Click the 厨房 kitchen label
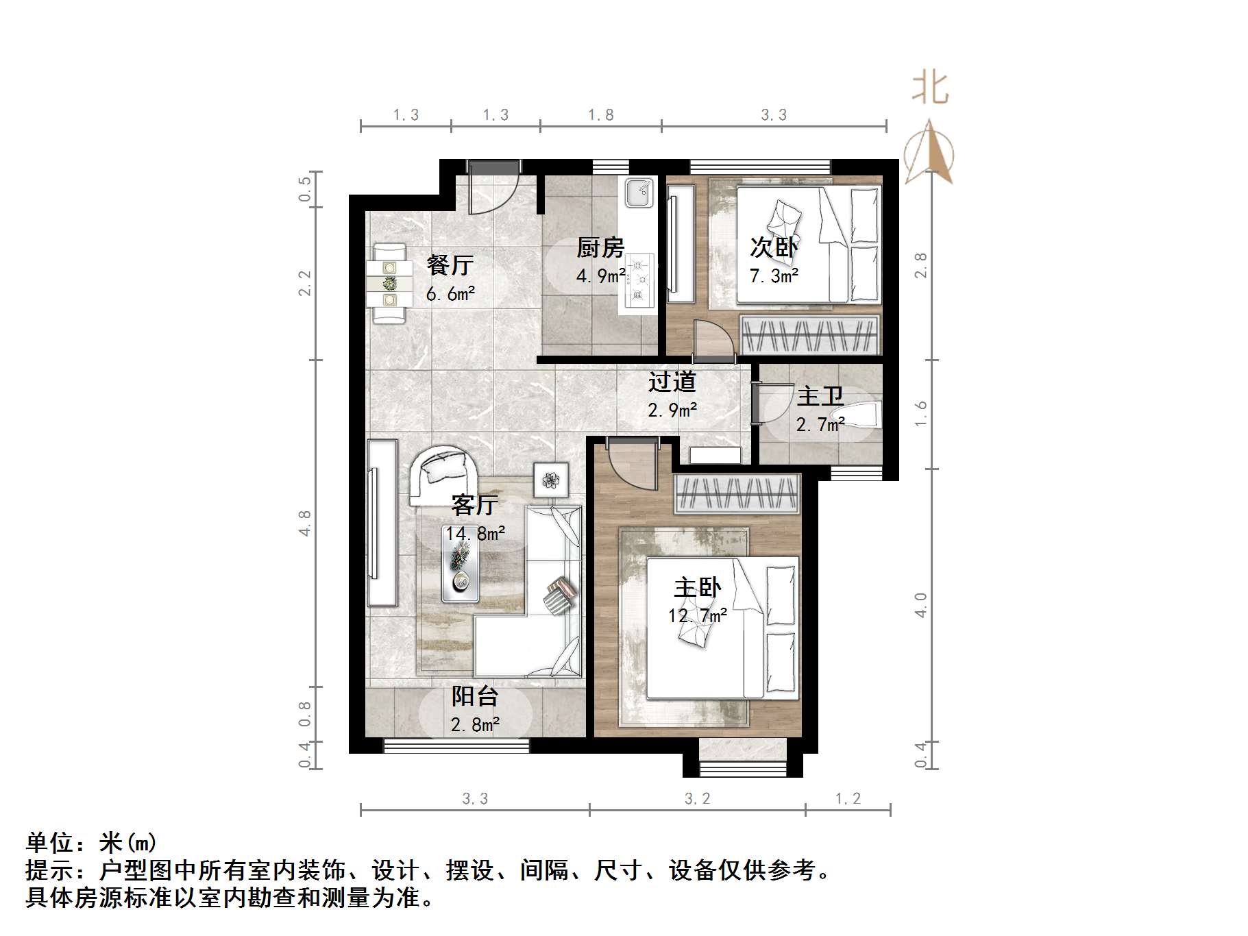pyautogui.click(x=600, y=247)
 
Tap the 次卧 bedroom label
pyautogui.click(x=774, y=247)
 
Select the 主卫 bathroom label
pyautogui.click(x=820, y=396)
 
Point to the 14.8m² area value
pyautogui.click(x=475, y=533)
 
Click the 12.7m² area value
pyautogui.click(x=698, y=615)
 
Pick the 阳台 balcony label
pyautogui.click(x=474, y=696)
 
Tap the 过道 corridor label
pyautogui.click(x=672, y=381)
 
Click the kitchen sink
pyautogui.click(x=639, y=192)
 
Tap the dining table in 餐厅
pyautogui.click(x=389, y=282)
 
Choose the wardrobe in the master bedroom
pyautogui.click(x=737, y=493)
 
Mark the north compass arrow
pyautogui.click(x=929, y=153)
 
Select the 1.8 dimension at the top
pyautogui.click(x=600, y=114)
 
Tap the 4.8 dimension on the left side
pyautogui.click(x=305, y=522)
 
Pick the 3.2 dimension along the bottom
pyautogui.click(x=697, y=798)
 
